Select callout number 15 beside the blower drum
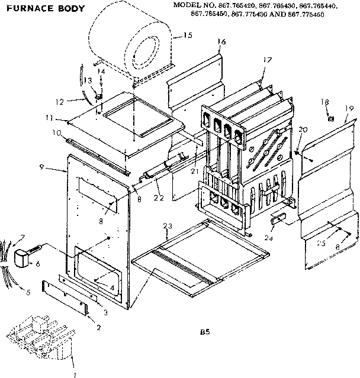pos(188,35)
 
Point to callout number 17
pos(267,60)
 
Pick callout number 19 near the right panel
pos(349,108)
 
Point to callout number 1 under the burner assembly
pos(74,374)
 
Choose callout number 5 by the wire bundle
pos(25,292)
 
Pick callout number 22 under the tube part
pos(157,197)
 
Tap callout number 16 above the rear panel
pos(222,41)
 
